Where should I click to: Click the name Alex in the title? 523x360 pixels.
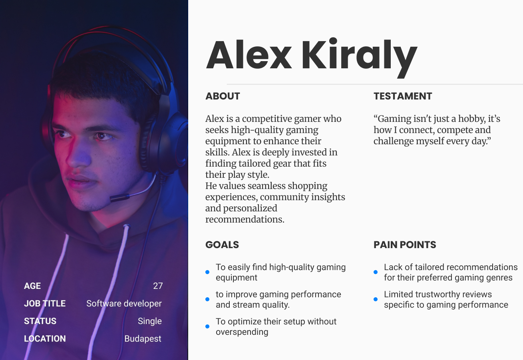click(x=249, y=55)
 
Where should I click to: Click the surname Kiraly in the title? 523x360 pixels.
click(x=360, y=58)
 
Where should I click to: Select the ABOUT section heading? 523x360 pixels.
click(x=223, y=96)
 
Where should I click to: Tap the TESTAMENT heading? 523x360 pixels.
click(x=403, y=96)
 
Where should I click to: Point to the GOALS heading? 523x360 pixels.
click(x=222, y=245)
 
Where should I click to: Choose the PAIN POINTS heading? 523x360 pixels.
click(x=405, y=245)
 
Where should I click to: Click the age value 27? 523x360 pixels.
click(x=158, y=286)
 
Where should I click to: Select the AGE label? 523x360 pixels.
click(x=32, y=286)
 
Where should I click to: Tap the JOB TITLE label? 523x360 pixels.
click(x=45, y=304)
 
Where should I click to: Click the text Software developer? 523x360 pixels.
click(x=124, y=304)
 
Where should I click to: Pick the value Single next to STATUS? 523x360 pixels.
click(x=150, y=321)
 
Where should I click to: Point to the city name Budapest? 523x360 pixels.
click(x=143, y=339)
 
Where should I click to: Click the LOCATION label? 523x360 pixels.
click(x=45, y=339)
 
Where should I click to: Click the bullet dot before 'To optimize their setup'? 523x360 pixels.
click(x=207, y=326)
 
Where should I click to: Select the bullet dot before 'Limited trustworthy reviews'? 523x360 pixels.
click(x=376, y=299)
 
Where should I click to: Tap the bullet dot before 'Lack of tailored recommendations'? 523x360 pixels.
click(x=376, y=272)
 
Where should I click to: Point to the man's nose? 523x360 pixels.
click(x=78, y=154)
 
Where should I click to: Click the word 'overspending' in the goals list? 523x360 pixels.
click(x=242, y=332)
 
